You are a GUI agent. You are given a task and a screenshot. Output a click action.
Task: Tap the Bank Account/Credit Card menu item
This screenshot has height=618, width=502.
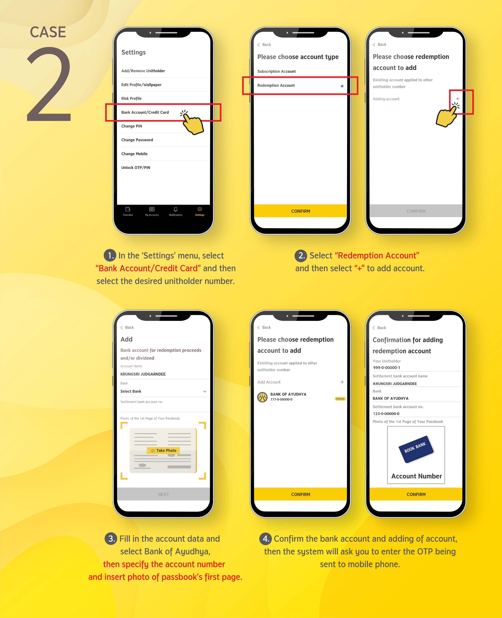tap(145, 112)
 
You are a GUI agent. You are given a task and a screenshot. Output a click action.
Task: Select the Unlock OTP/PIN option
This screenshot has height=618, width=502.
tap(136, 167)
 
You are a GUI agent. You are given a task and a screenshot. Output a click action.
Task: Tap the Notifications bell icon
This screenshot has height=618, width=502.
tap(175, 209)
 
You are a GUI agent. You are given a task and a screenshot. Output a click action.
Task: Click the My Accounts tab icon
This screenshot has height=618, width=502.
tap(152, 209)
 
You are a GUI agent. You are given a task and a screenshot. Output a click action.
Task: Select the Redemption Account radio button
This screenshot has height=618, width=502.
tap(342, 86)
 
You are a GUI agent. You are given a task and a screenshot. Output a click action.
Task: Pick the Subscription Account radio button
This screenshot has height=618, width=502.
tap(342, 72)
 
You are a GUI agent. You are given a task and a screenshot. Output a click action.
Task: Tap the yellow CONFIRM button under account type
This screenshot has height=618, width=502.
tap(300, 211)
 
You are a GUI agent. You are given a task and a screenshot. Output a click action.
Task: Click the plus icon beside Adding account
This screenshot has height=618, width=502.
tap(458, 99)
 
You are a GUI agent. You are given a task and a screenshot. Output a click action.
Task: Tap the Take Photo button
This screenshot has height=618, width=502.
tap(164, 450)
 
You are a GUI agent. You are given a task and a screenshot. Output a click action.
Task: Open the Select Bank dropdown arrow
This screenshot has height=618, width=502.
tap(205, 391)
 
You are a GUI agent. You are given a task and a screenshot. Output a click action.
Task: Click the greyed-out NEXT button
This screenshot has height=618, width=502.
tap(163, 494)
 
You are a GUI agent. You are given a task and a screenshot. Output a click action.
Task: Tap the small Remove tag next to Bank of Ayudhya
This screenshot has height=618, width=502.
tap(340, 399)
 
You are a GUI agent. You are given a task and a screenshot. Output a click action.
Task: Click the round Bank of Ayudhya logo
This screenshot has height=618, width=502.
tap(262, 397)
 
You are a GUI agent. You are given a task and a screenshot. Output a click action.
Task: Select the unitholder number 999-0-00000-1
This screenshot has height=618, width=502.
tap(387, 368)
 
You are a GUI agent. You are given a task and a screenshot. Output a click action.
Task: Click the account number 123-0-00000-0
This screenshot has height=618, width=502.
tap(386, 414)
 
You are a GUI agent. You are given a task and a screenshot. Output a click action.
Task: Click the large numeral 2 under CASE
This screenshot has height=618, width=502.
tap(49, 84)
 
